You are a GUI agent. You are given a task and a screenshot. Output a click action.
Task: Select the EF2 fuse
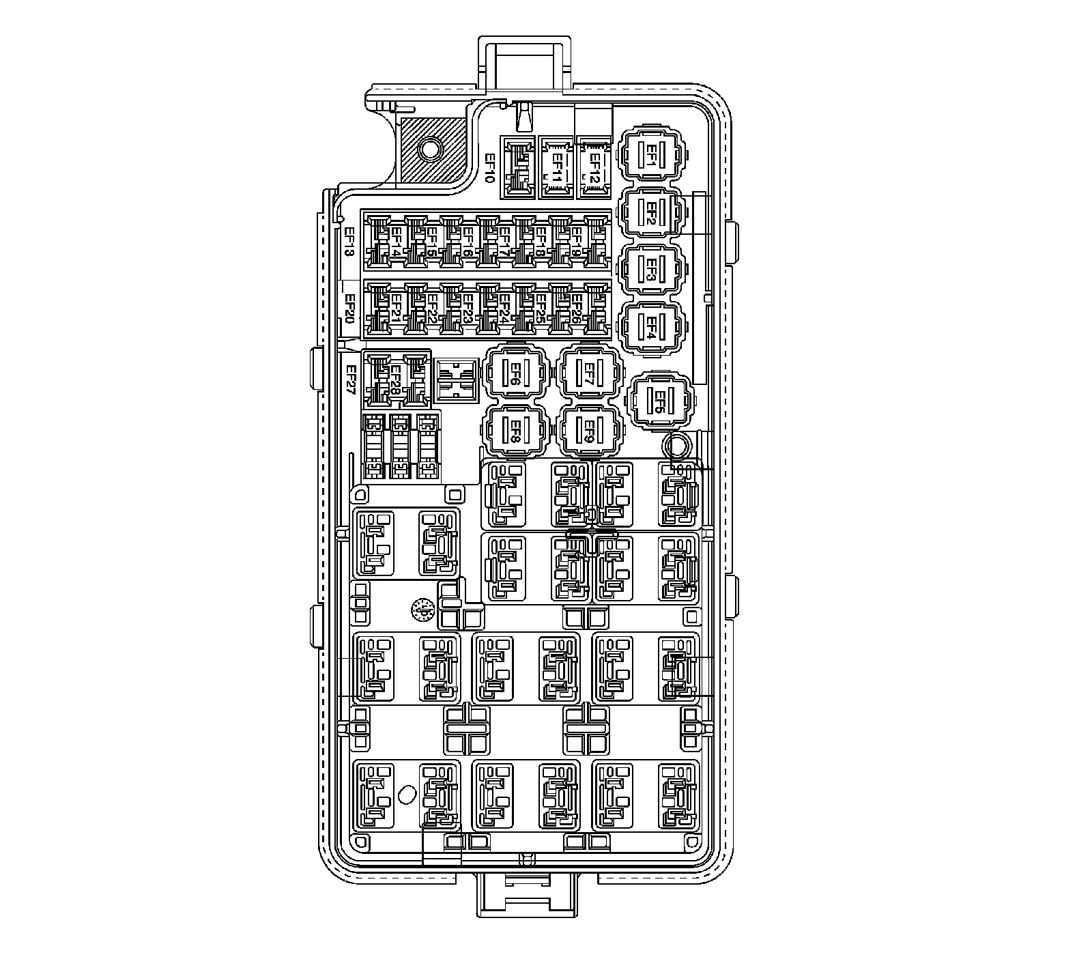pyautogui.click(x=651, y=214)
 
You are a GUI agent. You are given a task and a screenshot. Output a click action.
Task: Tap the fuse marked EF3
pyautogui.click(x=651, y=271)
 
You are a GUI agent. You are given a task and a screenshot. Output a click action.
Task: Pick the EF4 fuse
pyautogui.click(x=651, y=328)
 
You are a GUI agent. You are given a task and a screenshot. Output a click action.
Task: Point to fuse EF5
pyautogui.click(x=661, y=400)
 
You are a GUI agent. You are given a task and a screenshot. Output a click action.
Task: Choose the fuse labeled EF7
pyautogui.click(x=590, y=373)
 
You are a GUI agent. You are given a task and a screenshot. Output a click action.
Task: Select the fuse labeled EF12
pyautogui.click(x=594, y=168)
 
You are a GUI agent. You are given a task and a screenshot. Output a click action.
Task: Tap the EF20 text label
pyautogui.click(x=349, y=308)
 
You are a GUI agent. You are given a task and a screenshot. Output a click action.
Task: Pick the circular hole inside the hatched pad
pyautogui.click(x=431, y=147)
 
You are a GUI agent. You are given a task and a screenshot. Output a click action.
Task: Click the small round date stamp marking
pyautogui.click(x=422, y=609)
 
